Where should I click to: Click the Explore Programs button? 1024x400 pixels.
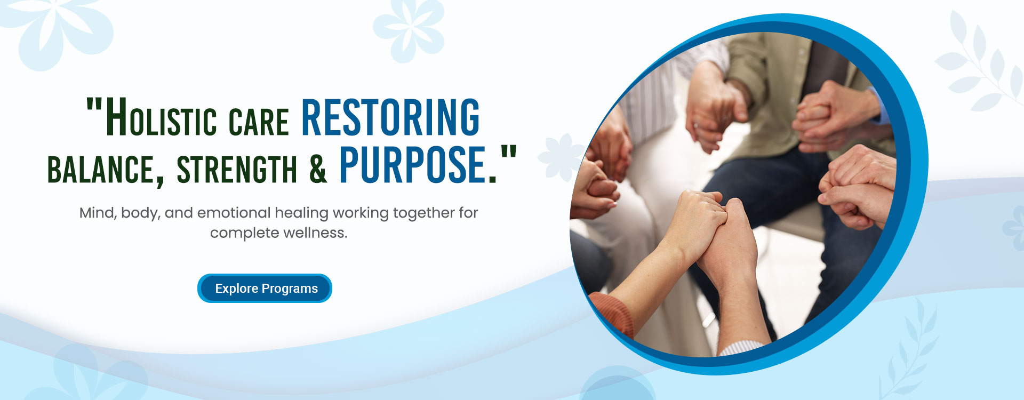(x=265, y=288)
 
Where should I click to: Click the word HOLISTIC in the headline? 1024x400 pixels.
(x=162, y=117)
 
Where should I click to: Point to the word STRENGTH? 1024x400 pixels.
(x=237, y=169)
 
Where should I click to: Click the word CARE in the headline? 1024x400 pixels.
(x=259, y=121)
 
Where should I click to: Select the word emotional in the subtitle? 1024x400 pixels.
(x=234, y=213)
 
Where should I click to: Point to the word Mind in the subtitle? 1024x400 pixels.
(x=97, y=213)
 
